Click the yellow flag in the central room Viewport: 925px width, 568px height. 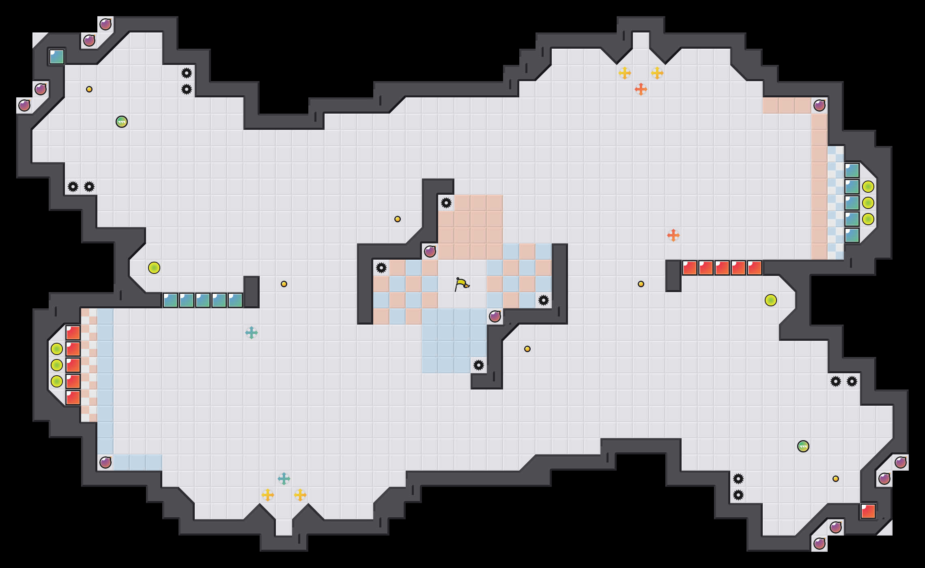(462, 284)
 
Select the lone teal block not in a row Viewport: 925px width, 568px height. (57, 57)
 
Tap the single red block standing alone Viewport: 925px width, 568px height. (868, 511)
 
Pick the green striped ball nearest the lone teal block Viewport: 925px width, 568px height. (122, 122)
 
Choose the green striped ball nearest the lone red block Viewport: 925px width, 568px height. (803, 446)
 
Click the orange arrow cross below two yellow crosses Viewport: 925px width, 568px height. (641, 89)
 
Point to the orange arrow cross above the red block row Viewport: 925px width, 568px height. (673, 235)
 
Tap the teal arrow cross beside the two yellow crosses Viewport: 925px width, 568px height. (284, 479)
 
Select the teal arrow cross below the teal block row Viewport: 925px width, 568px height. (252, 333)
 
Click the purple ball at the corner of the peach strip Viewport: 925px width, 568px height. (820, 105)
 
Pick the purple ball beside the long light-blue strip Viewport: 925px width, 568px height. (105, 463)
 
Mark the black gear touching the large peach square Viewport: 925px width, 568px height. (446, 203)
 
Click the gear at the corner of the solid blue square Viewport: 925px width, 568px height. (479, 365)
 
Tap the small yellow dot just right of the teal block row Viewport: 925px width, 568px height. (284, 284)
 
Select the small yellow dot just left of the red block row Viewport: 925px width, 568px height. (641, 284)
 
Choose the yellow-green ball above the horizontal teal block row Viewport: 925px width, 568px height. (154, 268)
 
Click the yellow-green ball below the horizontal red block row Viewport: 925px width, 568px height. (771, 300)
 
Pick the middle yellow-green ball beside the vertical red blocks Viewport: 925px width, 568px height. (57, 365)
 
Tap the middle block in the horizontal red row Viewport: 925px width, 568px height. (722, 268)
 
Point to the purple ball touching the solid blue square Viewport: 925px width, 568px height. (495, 316)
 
